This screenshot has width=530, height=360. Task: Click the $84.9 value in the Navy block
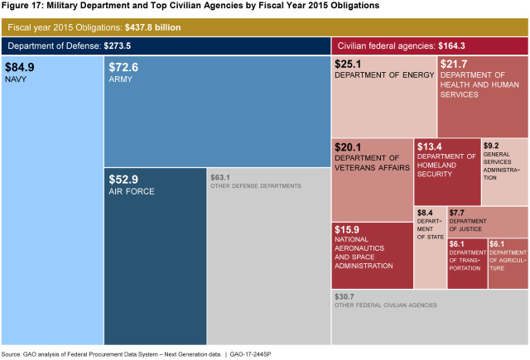coord(21,68)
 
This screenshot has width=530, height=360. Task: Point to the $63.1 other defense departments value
coord(220,176)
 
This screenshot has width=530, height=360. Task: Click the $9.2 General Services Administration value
coord(490,146)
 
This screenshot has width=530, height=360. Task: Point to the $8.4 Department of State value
coord(424,213)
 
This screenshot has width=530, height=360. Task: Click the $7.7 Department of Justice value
coord(457,213)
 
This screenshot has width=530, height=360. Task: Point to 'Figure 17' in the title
coord(22,5)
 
